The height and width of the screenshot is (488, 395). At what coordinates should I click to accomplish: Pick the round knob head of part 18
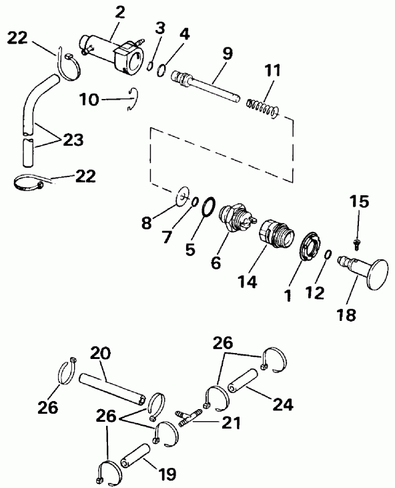[378, 275]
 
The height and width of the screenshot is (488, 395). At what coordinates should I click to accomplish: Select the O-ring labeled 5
[208, 207]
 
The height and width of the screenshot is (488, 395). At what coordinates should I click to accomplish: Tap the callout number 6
[216, 263]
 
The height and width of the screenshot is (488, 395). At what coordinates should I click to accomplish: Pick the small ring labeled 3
[151, 66]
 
